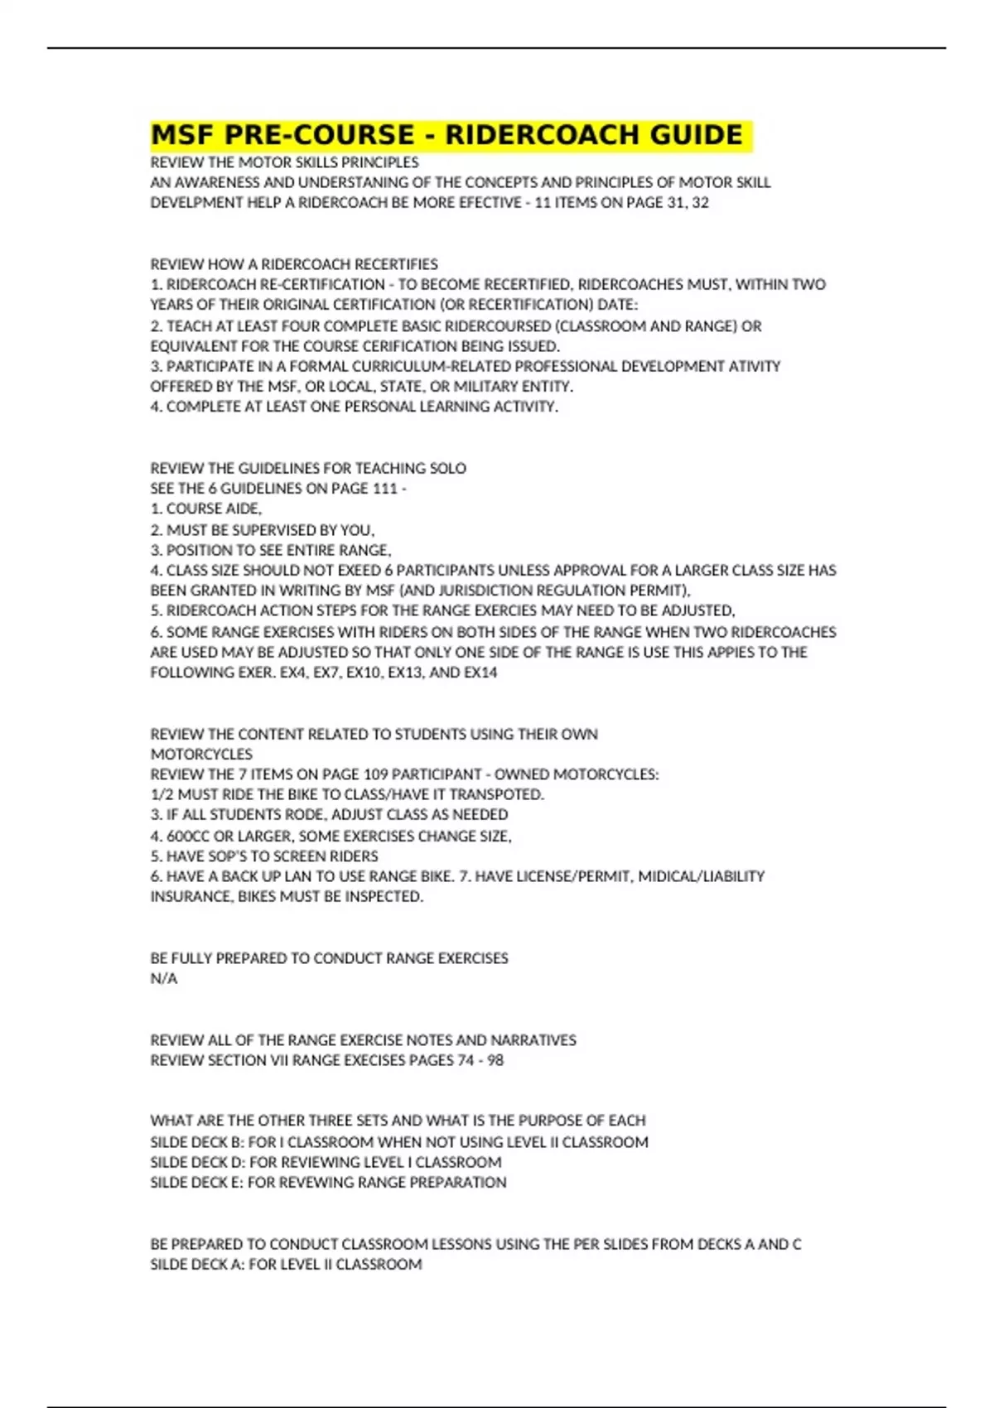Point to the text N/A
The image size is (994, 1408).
click(x=164, y=978)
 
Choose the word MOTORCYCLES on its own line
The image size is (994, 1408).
click(x=201, y=754)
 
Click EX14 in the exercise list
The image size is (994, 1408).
click(x=480, y=673)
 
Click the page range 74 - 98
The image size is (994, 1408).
click(x=480, y=1060)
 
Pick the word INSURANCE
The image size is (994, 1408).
click(x=187, y=897)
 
